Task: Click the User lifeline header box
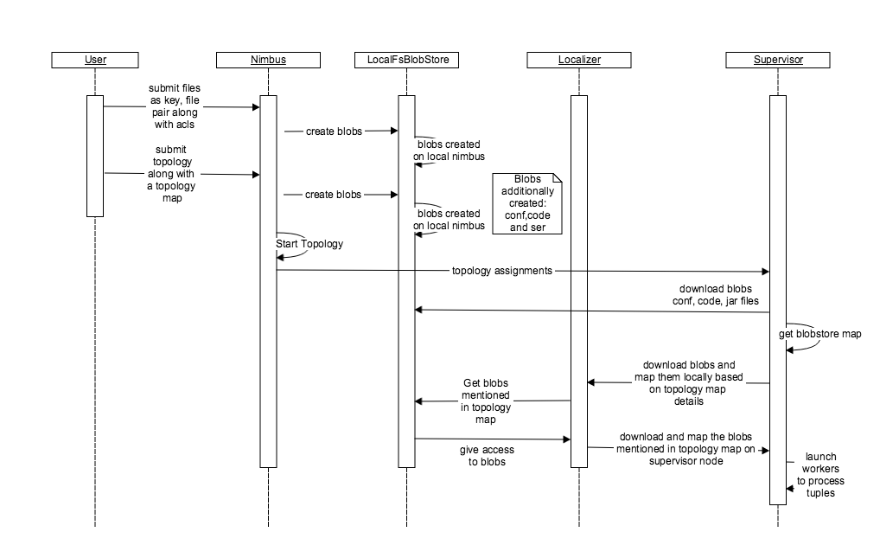coord(95,60)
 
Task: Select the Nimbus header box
coord(268,60)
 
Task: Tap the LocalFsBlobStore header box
coord(406,60)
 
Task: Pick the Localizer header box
coord(579,60)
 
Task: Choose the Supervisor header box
coord(778,60)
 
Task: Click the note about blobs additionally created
coord(527,203)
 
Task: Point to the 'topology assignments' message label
coord(501,271)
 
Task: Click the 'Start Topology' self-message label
coord(309,244)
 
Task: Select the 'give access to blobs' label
coord(481,456)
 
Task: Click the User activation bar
coord(95,156)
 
